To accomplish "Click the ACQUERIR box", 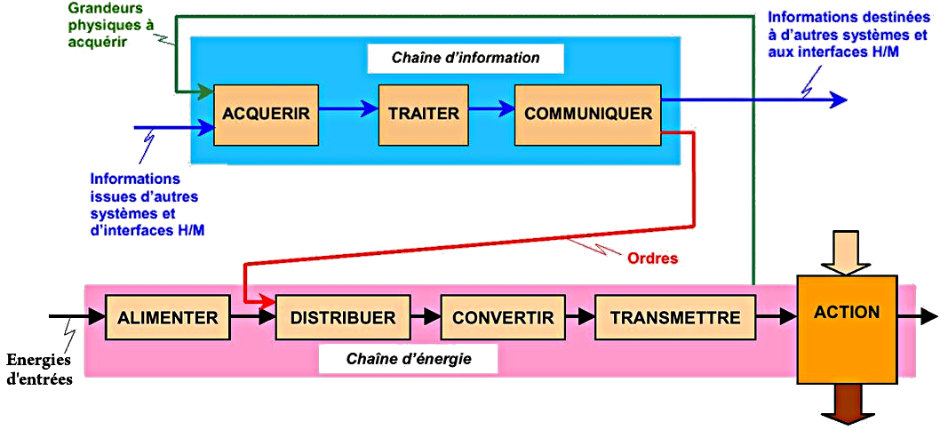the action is click(x=267, y=115).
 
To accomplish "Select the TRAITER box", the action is click(x=423, y=115).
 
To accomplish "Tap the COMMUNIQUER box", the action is click(x=587, y=115).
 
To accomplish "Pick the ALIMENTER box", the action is click(x=168, y=316).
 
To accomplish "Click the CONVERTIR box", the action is click(x=503, y=316).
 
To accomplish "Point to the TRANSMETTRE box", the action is click(x=675, y=316).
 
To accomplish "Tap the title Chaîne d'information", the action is click(x=466, y=58).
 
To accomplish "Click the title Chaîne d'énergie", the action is click(x=409, y=360).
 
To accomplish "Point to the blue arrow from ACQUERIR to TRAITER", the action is click(x=349, y=110).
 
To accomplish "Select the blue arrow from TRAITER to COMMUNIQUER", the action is click(x=491, y=110).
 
